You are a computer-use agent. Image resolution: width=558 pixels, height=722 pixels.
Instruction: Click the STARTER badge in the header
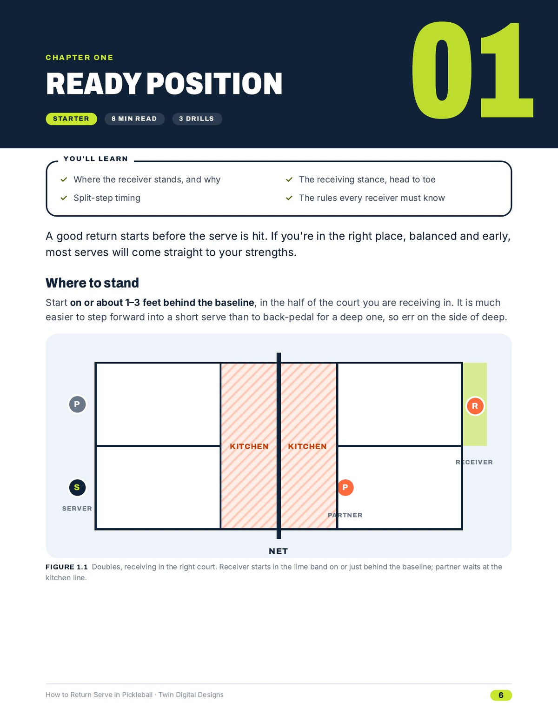[x=71, y=119]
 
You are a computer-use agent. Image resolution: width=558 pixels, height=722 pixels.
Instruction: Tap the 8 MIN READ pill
[x=134, y=119]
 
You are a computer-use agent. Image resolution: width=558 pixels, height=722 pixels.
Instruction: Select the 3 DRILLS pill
[x=197, y=119]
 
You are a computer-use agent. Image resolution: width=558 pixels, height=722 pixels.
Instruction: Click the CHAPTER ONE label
[x=79, y=58]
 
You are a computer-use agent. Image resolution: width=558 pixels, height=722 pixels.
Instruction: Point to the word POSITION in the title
[x=214, y=84]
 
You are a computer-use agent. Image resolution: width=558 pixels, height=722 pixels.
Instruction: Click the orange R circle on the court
[x=475, y=406]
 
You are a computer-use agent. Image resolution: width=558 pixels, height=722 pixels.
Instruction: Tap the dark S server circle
[x=77, y=487]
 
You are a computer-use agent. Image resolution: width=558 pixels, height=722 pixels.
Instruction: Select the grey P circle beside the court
[x=77, y=404]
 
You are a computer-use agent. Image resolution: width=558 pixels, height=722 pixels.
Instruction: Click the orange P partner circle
[x=345, y=487]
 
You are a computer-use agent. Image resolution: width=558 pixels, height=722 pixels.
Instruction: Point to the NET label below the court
[x=278, y=551]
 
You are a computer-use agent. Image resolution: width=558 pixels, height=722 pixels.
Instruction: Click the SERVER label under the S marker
[x=77, y=508]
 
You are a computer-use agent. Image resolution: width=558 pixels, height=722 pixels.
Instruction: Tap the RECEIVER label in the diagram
[x=474, y=462]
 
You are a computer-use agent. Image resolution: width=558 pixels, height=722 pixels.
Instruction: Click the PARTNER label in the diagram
[x=345, y=515]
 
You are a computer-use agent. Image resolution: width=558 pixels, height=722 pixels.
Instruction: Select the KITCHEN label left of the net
[x=249, y=446]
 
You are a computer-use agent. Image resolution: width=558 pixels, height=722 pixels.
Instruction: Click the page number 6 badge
[x=501, y=695]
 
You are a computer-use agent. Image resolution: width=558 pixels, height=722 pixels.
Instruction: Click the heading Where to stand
[x=92, y=283]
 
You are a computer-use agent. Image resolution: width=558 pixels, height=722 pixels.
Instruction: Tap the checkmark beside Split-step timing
[x=64, y=198]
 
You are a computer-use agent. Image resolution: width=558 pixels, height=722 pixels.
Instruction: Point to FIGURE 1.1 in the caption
[x=66, y=567]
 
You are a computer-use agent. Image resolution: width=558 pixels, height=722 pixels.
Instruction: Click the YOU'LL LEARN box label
[x=96, y=159]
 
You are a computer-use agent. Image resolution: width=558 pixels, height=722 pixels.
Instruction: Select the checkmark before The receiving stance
[x=289, y=180]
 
